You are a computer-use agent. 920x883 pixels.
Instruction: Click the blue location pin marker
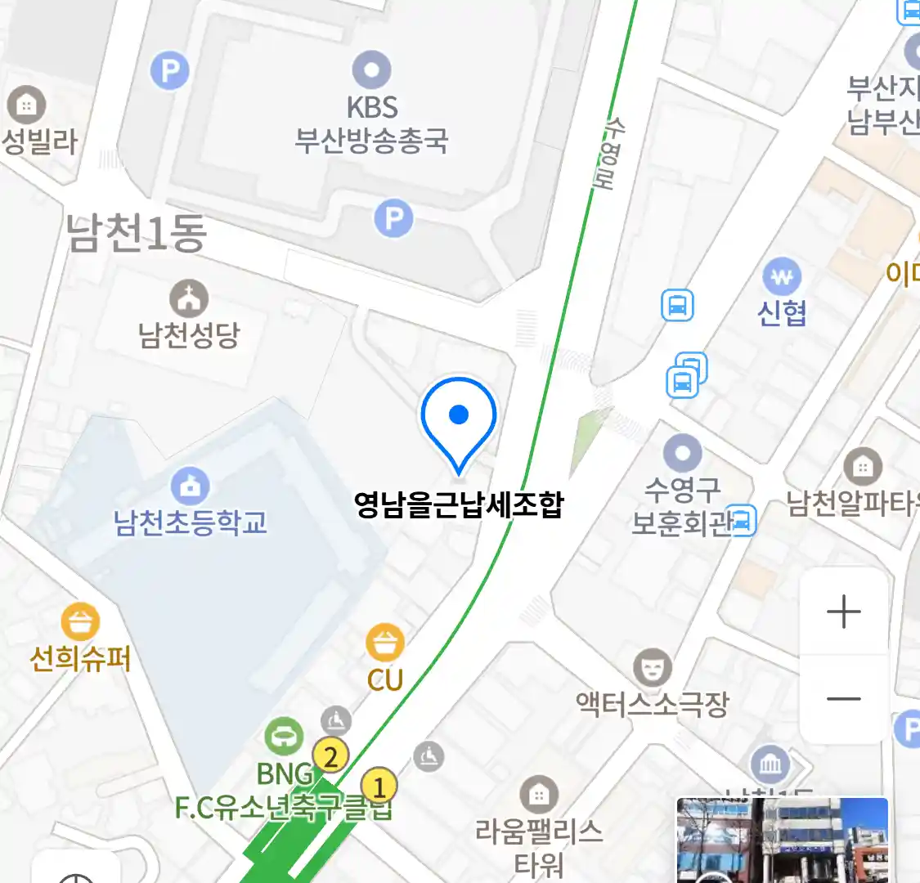pyautogui.click(x=459, y=418)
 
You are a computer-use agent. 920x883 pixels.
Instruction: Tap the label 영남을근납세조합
pyautogui.click(x=459, y=504)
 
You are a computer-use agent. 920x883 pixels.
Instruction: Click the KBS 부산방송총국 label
pyautogui.click(x=372, y=124)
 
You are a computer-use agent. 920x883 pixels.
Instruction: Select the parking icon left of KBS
pyautogui.click(x=170, y=71)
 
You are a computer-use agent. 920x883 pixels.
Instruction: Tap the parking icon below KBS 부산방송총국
pyautogui.click(x=393, y=218)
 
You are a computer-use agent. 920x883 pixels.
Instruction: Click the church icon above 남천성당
pyautogui.click(x=189, y=298)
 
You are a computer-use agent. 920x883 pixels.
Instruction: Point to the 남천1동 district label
pyautogui.click(x=136, y=233)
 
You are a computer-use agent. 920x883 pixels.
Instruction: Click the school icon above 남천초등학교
pyautogui.click(x=190, y=486)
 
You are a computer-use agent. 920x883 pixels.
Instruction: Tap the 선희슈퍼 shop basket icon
pyautogui.click(x=79, y=622)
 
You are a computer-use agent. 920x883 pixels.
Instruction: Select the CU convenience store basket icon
pyautogui.click(x=384, y=642)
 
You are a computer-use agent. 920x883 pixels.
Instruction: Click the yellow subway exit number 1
pyautogui.click(x=379, y=788)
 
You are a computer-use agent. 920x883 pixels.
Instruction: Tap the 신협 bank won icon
pyautogui.click(x=782, y=277)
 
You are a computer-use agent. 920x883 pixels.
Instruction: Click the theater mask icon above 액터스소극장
pyautogui.click(x=652, y=668)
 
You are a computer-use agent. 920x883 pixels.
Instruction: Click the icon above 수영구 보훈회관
pyautogui.click(x=682, y=453)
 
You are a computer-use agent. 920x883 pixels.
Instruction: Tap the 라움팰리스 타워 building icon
pyautogui.click(x=538, y=793)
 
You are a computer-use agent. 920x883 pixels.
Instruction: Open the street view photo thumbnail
pyautogui.click(x=782, y=840)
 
